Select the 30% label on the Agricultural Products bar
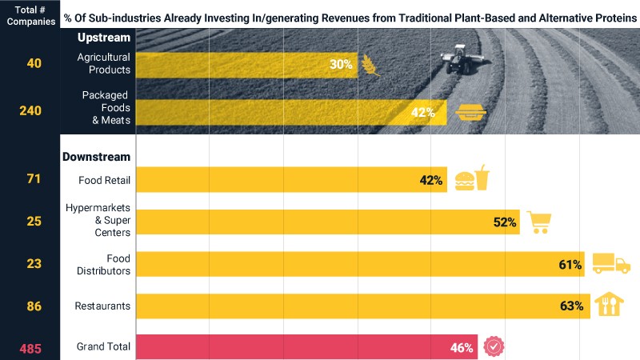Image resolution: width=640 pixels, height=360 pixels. [341, 64]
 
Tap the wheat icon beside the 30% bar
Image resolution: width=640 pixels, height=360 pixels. [370, 65]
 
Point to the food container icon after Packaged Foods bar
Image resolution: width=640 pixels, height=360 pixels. [470, 112]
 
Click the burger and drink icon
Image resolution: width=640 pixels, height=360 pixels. [472, 178]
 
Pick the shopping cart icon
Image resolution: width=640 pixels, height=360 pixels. [539, 222]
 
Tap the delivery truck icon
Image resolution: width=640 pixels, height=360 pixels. [611, 263]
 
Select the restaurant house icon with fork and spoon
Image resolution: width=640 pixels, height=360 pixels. [609, 304]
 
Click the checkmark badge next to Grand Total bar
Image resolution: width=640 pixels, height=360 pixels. [494, 346]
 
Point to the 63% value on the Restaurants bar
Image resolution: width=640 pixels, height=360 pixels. [571, 306]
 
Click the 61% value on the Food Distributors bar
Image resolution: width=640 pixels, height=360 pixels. [570, 265]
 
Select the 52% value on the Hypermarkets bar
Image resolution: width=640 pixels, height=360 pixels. [505, 222]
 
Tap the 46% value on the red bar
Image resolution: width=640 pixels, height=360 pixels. [462, 348]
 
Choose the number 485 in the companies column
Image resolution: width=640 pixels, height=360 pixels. [30, 349]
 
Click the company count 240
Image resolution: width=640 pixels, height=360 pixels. [30, 110]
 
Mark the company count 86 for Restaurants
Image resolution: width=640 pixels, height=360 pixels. [34, 306]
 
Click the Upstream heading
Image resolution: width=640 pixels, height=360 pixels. [104, 38]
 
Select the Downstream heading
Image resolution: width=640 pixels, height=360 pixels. [96, 157]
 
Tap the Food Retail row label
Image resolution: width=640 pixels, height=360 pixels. [105, 180]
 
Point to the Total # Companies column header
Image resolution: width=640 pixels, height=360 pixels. [31, 15]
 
